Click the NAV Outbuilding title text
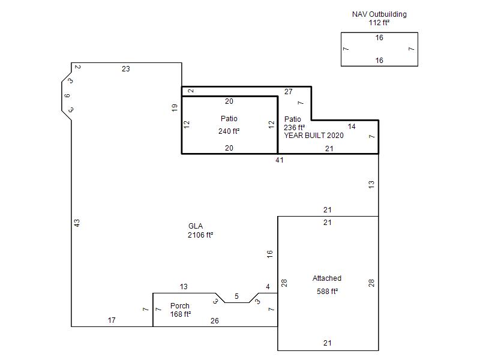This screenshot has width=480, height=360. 379,14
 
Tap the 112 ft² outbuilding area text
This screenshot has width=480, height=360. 379,22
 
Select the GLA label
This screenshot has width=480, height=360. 196,226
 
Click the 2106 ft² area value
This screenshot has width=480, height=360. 200,235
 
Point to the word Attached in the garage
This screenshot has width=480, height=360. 326,278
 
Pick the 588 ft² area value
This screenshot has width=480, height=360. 327,291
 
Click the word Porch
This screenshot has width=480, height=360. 179,306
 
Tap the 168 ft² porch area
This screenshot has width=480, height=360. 181,314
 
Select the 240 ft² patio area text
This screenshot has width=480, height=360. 229,131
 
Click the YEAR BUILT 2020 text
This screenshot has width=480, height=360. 313,136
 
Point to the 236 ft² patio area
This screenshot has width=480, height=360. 294,127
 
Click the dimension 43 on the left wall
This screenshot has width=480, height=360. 77,223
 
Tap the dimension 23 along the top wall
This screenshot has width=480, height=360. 126,69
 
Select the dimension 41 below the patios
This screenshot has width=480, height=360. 280,160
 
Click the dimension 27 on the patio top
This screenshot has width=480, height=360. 289,92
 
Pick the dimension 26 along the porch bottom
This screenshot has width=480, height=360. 215,321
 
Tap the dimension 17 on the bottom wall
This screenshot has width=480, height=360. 112,320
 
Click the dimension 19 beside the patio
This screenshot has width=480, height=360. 175,108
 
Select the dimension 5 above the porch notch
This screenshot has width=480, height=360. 236,296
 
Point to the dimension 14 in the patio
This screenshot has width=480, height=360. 352,127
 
